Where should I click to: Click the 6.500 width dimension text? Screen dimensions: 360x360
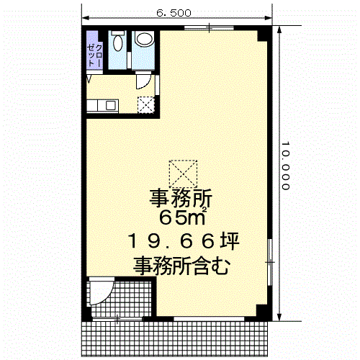[x=174, y=13]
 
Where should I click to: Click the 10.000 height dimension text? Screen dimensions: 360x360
[x=285, y=166]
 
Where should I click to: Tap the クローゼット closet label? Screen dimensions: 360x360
[x=95, y=55]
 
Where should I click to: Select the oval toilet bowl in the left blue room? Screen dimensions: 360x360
[x=117, y=43]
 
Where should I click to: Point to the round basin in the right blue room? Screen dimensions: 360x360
[x=144, y=39]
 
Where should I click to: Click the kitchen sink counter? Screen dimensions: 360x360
[x=102, y=106]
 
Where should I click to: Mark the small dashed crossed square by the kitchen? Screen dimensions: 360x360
[x=146, y=105]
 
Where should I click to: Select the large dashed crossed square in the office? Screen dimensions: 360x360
[x=183, y=174]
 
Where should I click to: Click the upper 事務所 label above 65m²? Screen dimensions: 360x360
[x=181, y=198]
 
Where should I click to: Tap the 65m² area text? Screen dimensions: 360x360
[x=183, y=216]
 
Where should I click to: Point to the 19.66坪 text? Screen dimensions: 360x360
[x=184, y=241]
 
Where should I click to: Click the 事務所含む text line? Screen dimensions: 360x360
[x=181, y=266]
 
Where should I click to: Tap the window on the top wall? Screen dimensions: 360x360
[x=209, y=28]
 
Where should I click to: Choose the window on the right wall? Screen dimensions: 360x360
[x=270, y=262]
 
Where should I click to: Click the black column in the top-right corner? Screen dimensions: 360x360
[x=263, y=35]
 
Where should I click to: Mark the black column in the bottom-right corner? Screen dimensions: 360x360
[x=262, y=310]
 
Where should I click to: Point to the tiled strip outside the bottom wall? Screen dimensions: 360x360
[x=175, y=338]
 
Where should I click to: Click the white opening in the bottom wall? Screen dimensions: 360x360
[x=209, y=319]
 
